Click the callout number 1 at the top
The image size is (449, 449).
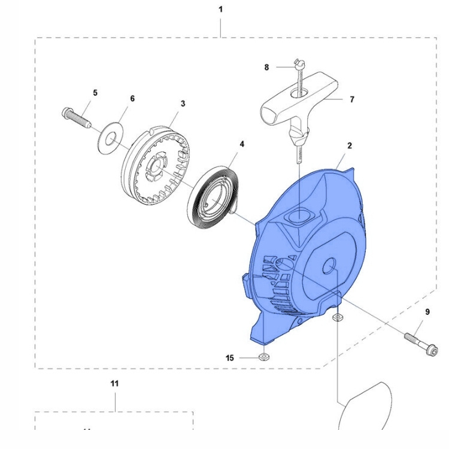click(x=220, y=10)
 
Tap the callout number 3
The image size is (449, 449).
click(x=183, y=103)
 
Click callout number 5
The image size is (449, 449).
click(x=95, y=93)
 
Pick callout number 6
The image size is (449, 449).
click(x=132, y=98)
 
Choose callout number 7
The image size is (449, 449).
click(x=351, y=99)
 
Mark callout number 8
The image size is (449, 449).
click(x=266, y=68)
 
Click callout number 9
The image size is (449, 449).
click(x=427, y=311)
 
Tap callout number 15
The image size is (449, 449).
click(x=230, y=358)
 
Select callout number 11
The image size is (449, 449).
click(x=114, y=383)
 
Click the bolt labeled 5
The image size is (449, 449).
click(x=75, y=117)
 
